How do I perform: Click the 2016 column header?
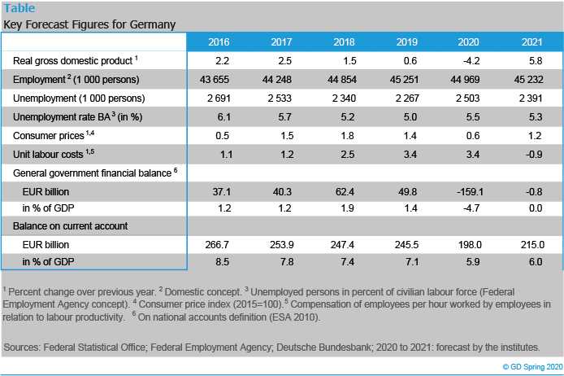pyautogui.click(x=219, y=42)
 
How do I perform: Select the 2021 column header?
pyautogui.click(x=531, y=42)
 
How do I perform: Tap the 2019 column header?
pyautogui.click(x=406, y=42)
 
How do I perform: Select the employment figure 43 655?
pyautogui.click(x=219, y=80)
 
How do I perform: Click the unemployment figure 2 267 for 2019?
pyautogui.click(x=406, y=98)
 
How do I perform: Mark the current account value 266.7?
pyautogui.click(x=219, y=244)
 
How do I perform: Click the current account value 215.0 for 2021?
pyautogui.click(x=531, y=244)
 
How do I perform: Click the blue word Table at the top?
pyautogui.click(x=20, y=8)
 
